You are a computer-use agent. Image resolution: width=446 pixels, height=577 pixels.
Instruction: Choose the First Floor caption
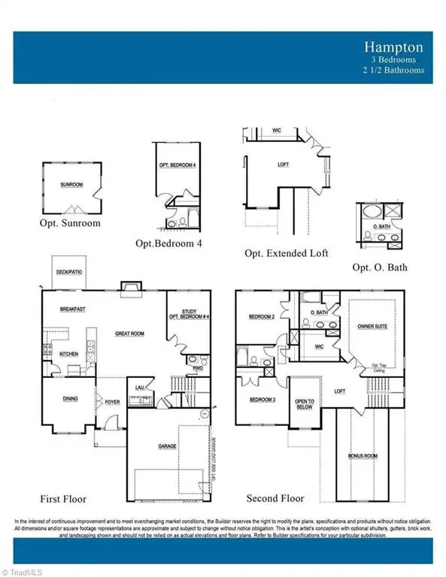pos(63,498)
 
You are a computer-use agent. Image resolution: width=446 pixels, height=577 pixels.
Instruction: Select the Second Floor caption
pos(275,498)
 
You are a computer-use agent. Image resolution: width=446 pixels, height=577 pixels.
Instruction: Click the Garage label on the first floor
pos(167,446)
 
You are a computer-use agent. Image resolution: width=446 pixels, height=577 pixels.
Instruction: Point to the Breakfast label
pos(72,309)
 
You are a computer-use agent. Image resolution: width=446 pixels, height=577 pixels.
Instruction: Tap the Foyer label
pos(112,401)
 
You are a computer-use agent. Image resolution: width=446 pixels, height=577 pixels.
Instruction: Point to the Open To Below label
pos(304,404)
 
